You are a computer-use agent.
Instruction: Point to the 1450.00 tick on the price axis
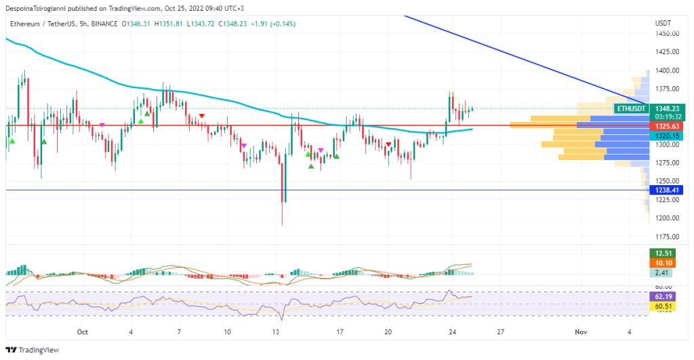[668, 34]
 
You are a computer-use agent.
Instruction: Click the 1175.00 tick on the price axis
[668, 236]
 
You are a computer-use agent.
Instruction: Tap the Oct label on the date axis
[83, 332]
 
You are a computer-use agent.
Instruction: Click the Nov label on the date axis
[580, 332]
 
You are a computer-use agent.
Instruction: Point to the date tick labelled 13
[276, 332]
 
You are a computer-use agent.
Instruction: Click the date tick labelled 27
[499, 332]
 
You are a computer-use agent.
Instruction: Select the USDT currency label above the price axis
[663, 24]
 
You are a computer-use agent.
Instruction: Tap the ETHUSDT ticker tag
[630, 108]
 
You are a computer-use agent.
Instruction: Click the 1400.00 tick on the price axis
[668, 71]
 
